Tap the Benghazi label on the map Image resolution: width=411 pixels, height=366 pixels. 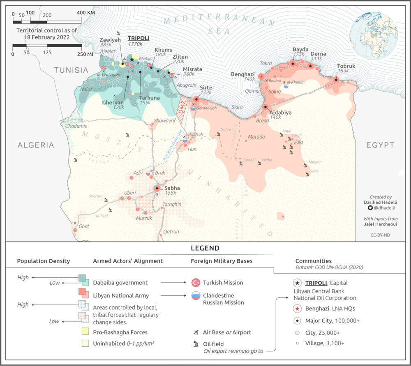coord(243,74)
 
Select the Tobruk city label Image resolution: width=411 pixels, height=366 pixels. coord(346,66)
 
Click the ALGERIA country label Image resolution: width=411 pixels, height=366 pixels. coord(36,145)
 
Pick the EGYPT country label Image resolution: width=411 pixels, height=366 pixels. coord(380,145)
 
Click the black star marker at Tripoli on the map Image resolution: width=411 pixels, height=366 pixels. coord(132,60)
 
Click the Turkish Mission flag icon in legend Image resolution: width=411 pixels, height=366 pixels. coord(196,283)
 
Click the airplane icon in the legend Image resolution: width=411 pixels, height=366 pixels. coord(196,332)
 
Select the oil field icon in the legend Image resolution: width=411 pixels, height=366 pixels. coord(196,344)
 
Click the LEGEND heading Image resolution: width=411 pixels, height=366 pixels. coord(205,248)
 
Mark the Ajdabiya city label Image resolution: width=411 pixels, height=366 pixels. coord(281,112)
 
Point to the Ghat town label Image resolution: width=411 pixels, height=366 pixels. coord(84,226)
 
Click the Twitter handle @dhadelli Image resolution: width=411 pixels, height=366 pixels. coord(383,208)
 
